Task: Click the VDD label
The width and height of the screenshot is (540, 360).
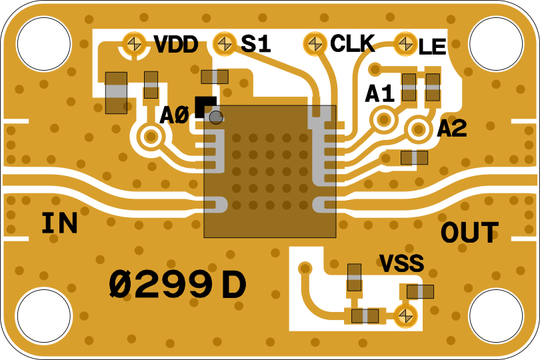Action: (x=177, y=45)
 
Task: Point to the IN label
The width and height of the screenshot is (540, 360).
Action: (x=59, y=224)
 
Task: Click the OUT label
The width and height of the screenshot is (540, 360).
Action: (x=469, y=233)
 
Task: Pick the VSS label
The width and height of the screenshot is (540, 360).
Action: (x=401, y=264)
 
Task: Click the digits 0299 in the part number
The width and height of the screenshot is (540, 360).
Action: (x=161, y=286)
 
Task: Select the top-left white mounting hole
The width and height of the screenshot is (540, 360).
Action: (x=44, y=44)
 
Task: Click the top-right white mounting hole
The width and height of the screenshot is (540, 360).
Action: (x=496, y=44)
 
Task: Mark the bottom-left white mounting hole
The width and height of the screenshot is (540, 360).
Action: (x=44, y=316)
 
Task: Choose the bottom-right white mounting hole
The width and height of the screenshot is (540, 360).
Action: (x=496, y=316)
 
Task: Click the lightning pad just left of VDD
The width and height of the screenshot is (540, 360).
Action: (x=135, y=44)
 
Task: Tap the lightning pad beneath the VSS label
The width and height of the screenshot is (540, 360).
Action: (x=405, y=315)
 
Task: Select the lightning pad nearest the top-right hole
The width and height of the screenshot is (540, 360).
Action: (x=405, y=44)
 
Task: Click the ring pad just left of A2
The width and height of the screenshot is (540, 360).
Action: (x=419, y=129)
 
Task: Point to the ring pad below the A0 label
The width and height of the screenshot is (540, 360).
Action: (x=151, y=137)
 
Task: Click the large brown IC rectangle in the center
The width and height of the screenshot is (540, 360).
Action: (x=270, y=171)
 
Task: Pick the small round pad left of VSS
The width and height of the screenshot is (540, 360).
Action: (x=305, y=269)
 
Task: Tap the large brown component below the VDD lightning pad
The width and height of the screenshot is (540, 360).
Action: (x=116, y=93)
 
